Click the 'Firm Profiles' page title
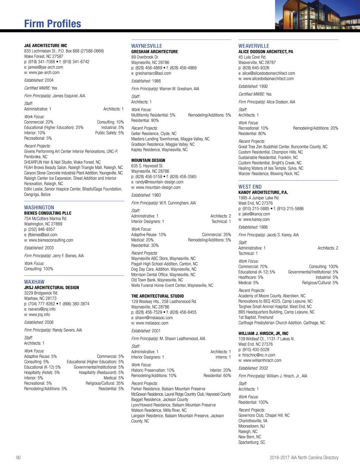(52, 24)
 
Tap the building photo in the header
(317, 15)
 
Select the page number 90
(18, 457)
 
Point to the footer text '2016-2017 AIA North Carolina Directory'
(304, 457)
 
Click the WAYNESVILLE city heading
(147, 46)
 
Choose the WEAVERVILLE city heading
(253, 46)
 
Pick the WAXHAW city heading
(34, 282)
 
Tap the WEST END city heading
(250, 187)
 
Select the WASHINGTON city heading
(39, 208)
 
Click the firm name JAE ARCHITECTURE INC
(45, 46)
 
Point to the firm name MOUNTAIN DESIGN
(148, 160)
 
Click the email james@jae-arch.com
(45, 67)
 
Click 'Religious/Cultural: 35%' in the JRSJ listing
(104, 383)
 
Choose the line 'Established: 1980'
(146, 195)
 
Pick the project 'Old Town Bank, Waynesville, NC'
(157, 280)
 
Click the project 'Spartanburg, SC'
(252, 442)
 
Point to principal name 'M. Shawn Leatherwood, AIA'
(182, 339)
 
